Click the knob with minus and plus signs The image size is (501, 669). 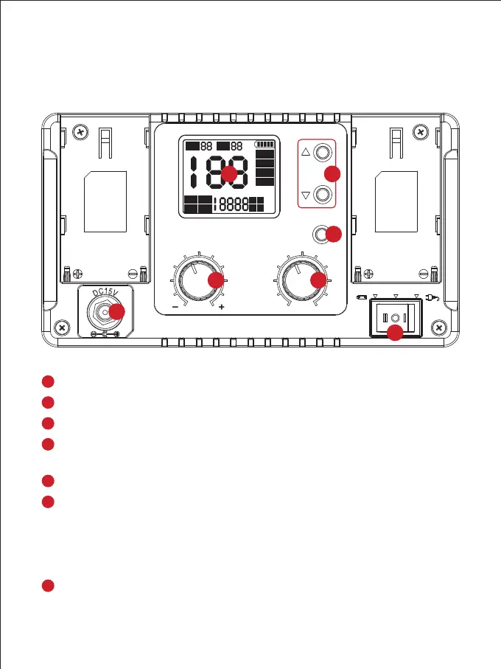197,280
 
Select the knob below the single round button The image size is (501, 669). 300,280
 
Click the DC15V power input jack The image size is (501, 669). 104,313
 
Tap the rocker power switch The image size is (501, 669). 396,319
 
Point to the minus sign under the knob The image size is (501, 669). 174,305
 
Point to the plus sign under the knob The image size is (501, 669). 222,305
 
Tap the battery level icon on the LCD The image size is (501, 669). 264,145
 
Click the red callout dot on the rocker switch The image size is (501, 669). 396,333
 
